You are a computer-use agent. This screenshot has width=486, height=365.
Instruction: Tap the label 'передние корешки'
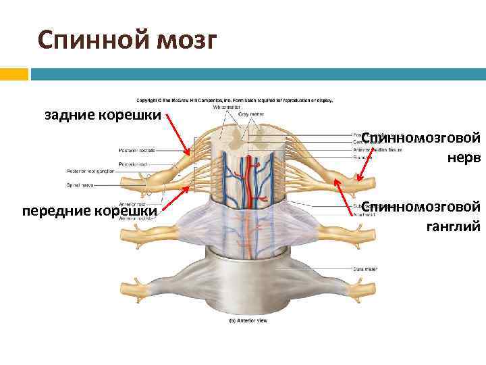(x=89, y=211)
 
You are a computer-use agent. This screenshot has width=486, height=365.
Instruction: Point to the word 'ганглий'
(x=453, y=225)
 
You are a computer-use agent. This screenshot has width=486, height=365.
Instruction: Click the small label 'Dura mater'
(x=365, y=268)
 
